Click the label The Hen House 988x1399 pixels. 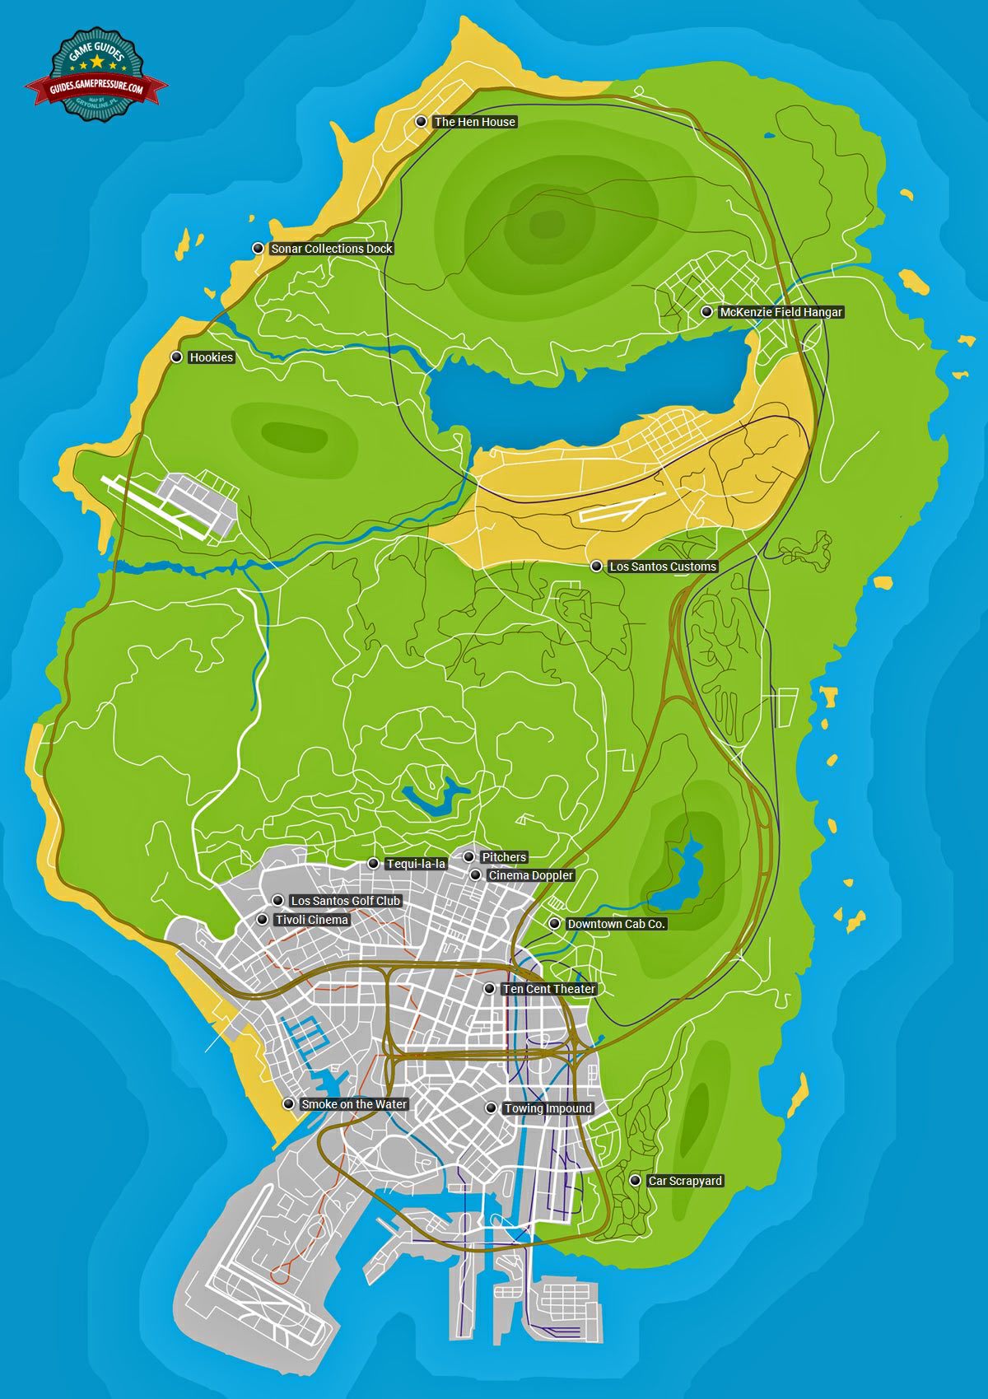pyautogui.click(x=474, y=122)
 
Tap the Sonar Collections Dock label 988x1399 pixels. pyautogui.click(x=332, y=249)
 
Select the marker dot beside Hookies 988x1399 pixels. pyautogui.click(x=176, y=357)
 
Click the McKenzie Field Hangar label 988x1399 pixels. pyautogui.click(x=781, y=313)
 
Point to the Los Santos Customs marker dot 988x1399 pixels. pyautogui.click(x=596, y=567)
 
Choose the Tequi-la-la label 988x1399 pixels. pyautogui.click(x=416, y=864)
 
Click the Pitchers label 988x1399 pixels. pyautogui.click(x=504, y=857)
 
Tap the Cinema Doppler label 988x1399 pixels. pyautogui.click(x=531, y=875)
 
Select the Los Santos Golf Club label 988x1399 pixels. pyautogui.click(x=346, y=901)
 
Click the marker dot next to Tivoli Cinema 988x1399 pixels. pyautogui.click(x=263, y=919)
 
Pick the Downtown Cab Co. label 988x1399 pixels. pyautogui.click(x=617, y=924)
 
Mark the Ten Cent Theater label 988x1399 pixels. pyautogui.click(x=549, y=989)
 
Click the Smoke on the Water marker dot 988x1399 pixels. pyautogui.click(x=288, y=1104)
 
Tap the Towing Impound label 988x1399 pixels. pyautogui.click(x=548, y=1108)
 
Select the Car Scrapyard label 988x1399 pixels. pyautogui.click(x=685, y=1181)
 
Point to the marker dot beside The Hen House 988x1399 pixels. pyautogui.click(x=421, y=122)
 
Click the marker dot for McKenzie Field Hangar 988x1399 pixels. pyautogui.click(x=706, y=312)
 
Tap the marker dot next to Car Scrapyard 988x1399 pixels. pyautogui.click(x=635, y=1181)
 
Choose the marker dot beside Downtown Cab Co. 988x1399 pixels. pyautogui.click(x=555, y=924)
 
